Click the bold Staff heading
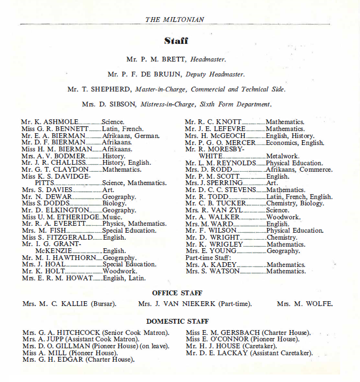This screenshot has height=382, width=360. tap(176, 41)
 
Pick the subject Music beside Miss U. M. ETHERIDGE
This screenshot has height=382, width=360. tap(112, 217)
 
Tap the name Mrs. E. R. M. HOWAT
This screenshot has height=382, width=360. tap(57, 278)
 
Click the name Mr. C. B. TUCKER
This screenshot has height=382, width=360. tap(215, 203)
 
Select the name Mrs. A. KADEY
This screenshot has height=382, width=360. tap(211, 265)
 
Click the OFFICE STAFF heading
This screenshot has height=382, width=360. tap(177, 293)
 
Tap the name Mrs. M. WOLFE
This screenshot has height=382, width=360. tap(304, 304)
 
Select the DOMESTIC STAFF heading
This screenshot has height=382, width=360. tap(177, 322)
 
